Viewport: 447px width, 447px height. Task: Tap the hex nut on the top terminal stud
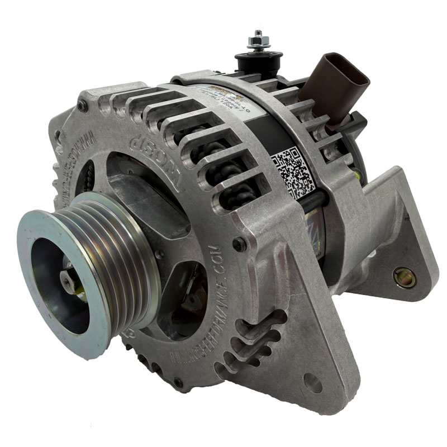(258, 42)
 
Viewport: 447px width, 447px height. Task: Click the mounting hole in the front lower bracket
(312, 383)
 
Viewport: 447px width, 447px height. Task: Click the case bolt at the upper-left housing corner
(83, 105)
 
